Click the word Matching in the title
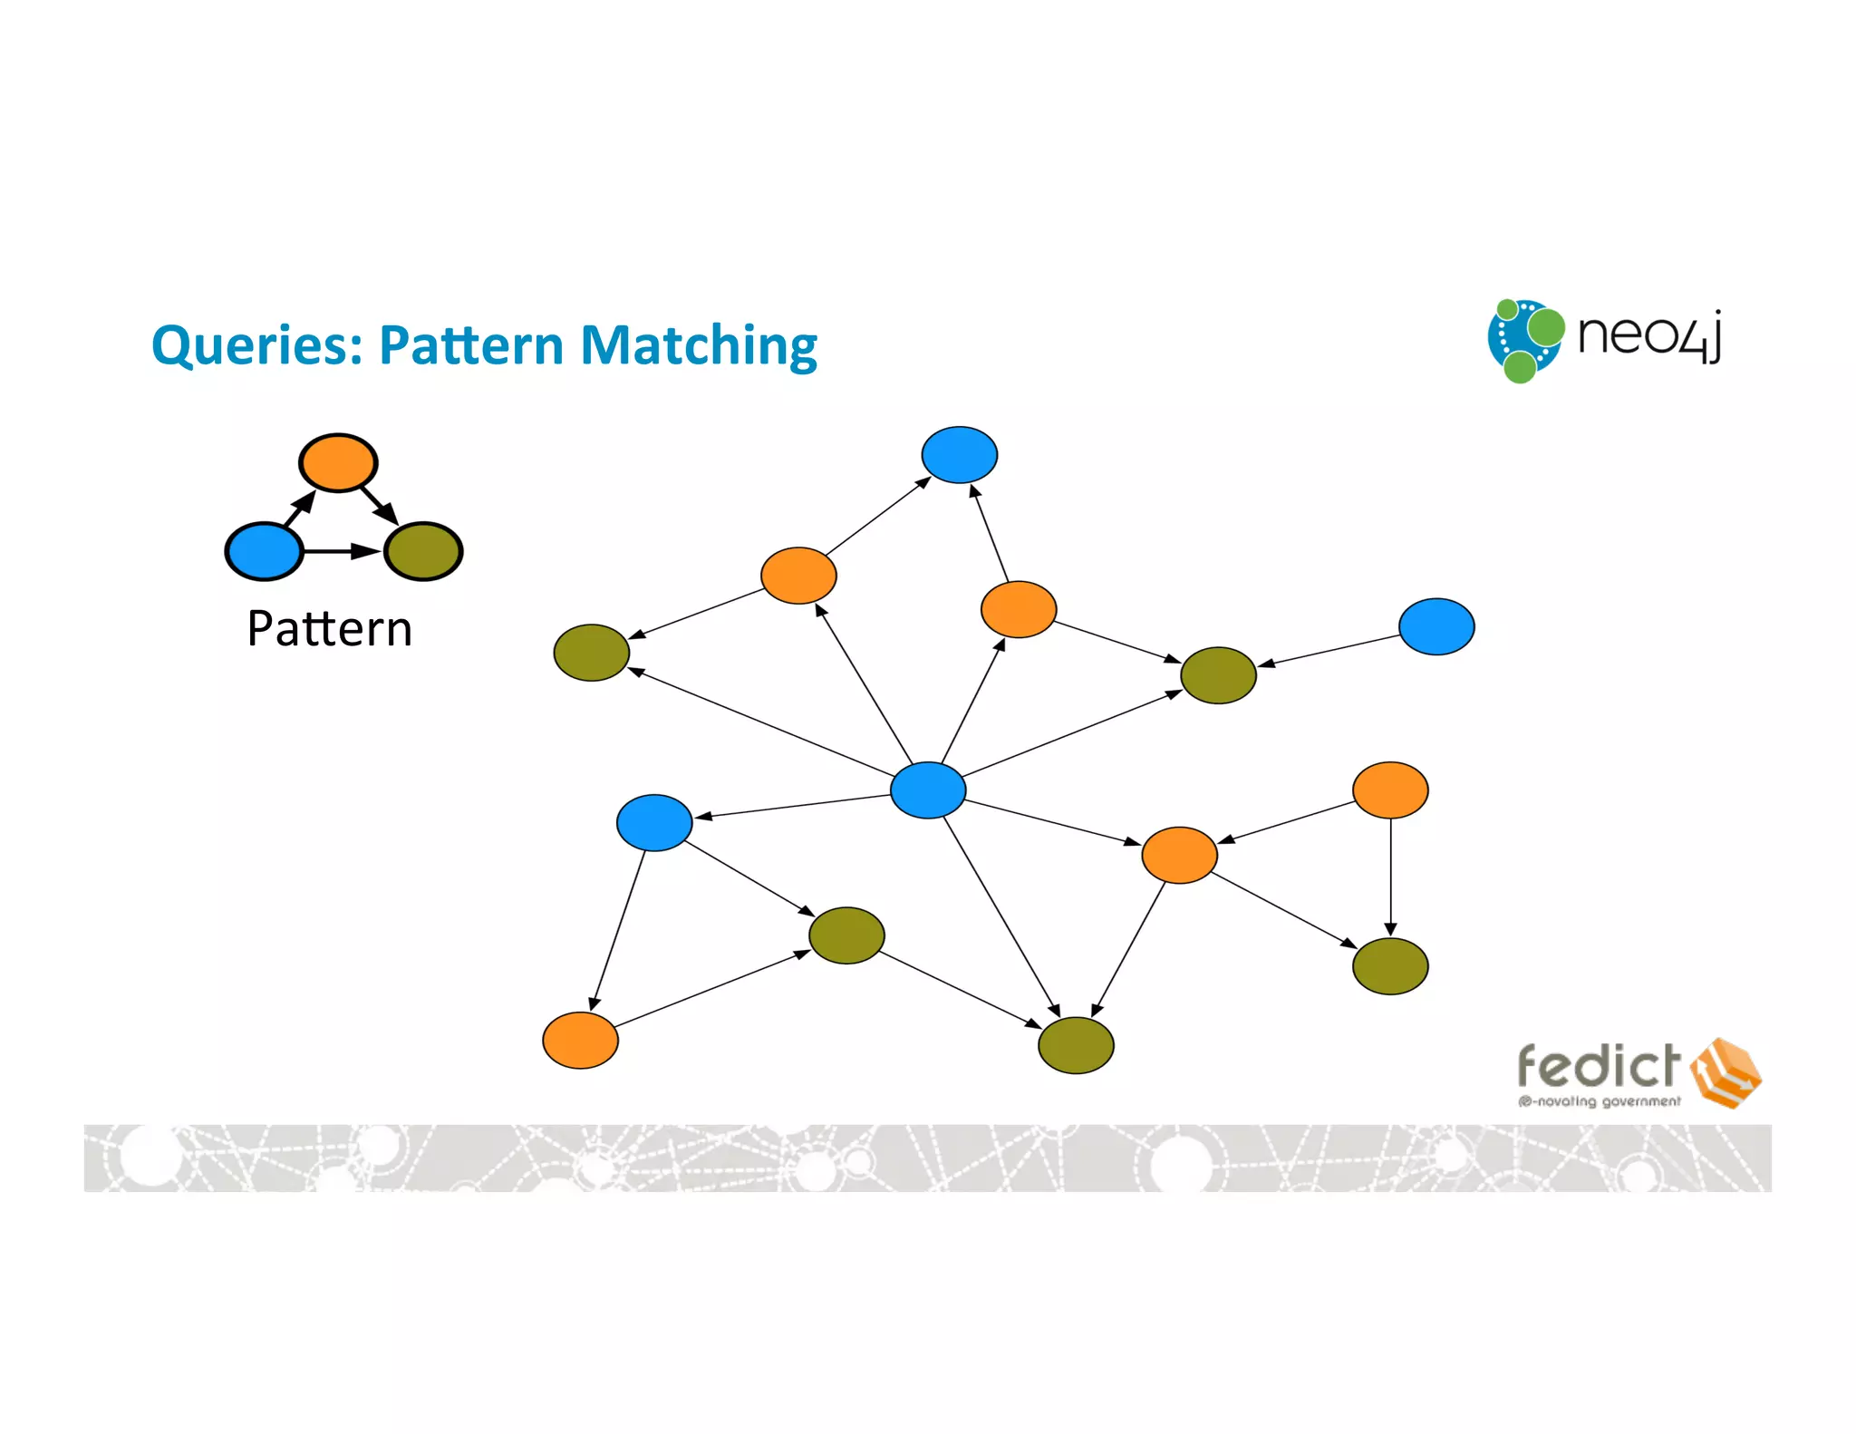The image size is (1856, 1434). click(x=698, y=346)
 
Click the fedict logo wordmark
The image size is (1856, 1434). click(x=1599, y=1067)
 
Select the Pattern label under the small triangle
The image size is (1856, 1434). click(x=330, y=628)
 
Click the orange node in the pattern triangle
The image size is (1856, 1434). click(x=338, y=462)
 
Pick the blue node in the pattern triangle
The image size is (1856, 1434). click(x=264, y=551)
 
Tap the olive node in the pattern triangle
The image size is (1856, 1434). click(x=423, y=551)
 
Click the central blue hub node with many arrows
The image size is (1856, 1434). click(x=928, y=790)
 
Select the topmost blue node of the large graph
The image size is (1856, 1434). click(x=960, y=454)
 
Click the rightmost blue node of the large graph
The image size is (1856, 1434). click(x=1436, y=626)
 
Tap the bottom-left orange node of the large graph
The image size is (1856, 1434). click(x=580, y=1041)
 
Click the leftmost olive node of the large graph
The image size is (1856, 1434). click(x=592, y=653)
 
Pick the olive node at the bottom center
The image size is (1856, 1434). click(x=1076, y=1045)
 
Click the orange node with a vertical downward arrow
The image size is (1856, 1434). click(x=1390, y=790)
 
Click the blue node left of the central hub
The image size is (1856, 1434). click(x=654, y=822)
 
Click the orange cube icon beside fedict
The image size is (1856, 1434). click(x=1725, y=1073)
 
